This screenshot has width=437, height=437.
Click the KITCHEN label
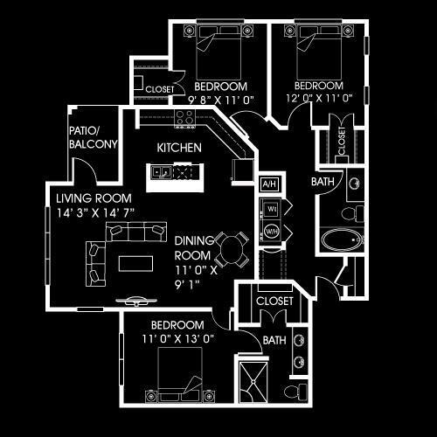coord(179,148)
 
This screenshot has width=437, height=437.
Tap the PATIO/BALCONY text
coord(94,137)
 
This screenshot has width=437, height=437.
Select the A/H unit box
coord(269,184)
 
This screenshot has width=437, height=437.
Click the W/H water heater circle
coord(271,232)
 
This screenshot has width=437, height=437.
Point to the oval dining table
coord(232,250)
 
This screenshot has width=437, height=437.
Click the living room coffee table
coord(135,263)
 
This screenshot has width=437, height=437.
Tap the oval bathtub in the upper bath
coord(341,239)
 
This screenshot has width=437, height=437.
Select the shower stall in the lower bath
coord(253,382)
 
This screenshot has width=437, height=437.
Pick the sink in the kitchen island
coord(161,172)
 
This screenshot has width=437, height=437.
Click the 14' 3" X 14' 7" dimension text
coord(95,213)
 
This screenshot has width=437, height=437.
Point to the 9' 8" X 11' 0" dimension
coord(221,101)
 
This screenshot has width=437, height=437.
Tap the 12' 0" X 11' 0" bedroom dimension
coord(319,98)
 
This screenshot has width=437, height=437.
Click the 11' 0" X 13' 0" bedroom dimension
coord(178,339)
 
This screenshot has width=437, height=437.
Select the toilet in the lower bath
coord(295,392)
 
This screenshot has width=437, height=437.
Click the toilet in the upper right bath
coord(352,213)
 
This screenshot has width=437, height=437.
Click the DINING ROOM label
coord(193,248)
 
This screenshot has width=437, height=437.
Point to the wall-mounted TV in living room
coord(136,302)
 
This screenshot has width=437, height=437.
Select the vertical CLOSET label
coord(342,141)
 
